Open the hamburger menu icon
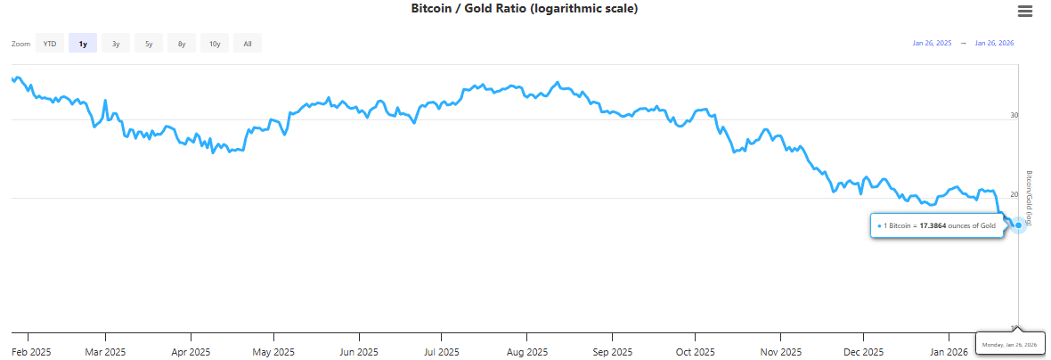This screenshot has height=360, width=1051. coord(1025,11)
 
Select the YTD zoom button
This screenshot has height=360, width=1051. coord(50,43)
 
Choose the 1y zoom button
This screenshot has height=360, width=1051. coord(83,43)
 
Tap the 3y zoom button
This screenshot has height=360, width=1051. coord(116,43)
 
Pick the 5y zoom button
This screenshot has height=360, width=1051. coord(149,43)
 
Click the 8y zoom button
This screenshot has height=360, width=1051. coord(182,43)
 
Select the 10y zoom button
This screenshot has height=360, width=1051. coord(215,43)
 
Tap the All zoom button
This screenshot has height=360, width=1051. coord(247,43)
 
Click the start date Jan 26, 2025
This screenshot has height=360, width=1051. coord(932,43)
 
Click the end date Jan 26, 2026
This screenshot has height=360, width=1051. coord(994,43)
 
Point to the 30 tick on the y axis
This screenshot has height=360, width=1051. coord(1014,115)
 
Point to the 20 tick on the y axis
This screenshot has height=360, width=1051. coord(1014,194)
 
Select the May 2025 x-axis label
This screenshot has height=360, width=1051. coord(273,351)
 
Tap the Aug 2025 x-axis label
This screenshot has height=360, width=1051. coord(526,351)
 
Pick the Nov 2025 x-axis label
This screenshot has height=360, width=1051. coord(779,351)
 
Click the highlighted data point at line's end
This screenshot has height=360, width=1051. coord(1019,225)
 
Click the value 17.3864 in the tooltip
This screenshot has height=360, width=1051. coord(933,225)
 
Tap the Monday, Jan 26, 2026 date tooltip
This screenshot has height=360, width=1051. coord(1011,344)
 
